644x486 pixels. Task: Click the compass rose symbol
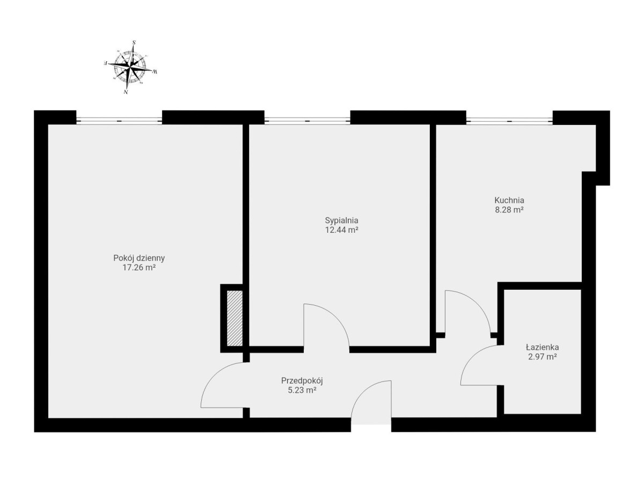[x=130, y=68]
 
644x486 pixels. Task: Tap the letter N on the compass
[x=126, y=92]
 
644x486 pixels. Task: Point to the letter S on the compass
[x=134, y=42]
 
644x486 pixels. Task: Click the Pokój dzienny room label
[x=139, y=258]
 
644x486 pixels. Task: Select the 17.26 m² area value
[x=139, y=267]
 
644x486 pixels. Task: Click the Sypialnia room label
[x=341, y=220]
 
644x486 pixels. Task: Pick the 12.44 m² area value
[x=341, y=230]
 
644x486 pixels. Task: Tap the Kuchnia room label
[x=509, y=200]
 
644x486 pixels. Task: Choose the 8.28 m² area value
[x=509, y=210]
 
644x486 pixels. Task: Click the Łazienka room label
[x=542, y=348]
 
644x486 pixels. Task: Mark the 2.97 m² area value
[x=542, y=357]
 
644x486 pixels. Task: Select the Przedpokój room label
[x=302, y=380]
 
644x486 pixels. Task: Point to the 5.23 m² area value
[x=302, y=390]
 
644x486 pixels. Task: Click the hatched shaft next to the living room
[x=235, y=318]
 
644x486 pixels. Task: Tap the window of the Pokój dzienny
[x=119, y=121]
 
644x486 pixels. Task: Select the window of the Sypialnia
[x=307, y=121]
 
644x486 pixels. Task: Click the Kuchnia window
[x=509, y=121]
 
